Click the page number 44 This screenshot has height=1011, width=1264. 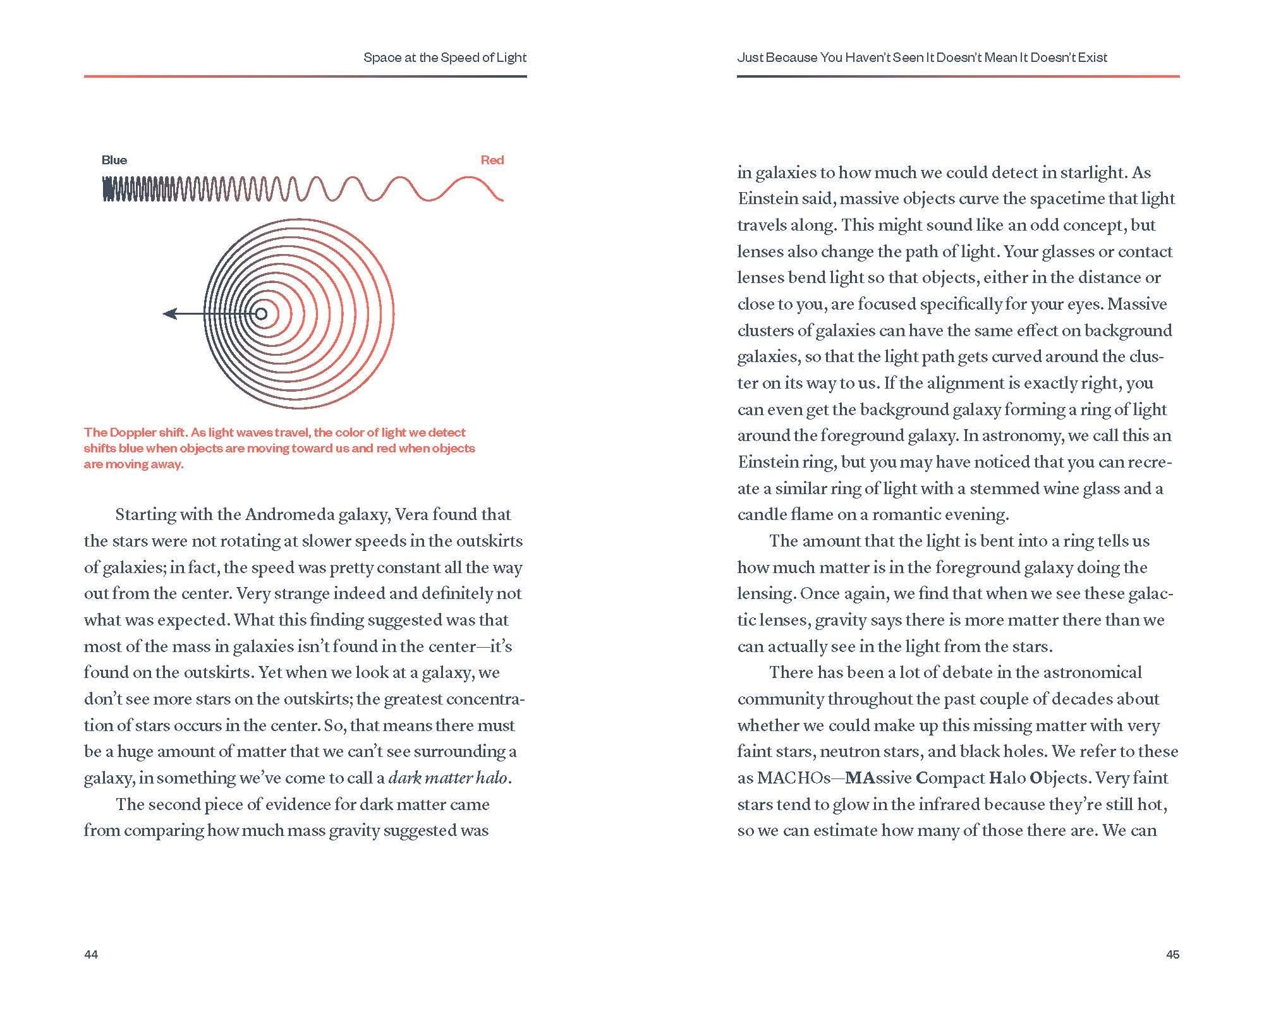point(91,954)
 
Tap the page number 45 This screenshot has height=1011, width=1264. point(1172,954)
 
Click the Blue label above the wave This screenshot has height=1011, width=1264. point(114,160)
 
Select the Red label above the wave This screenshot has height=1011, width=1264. point(492,160)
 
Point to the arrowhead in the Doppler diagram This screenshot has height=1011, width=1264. point(169,313)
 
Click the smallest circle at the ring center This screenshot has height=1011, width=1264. point(260,313)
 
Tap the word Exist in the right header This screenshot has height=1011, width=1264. point(1093,58)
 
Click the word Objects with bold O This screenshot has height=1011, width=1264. point(1059,778)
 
